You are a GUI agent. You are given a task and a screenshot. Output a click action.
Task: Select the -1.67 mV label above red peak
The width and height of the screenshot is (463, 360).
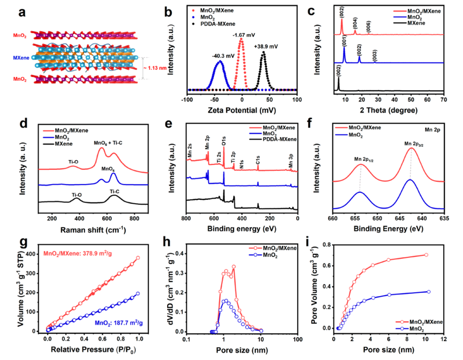(241, 36)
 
